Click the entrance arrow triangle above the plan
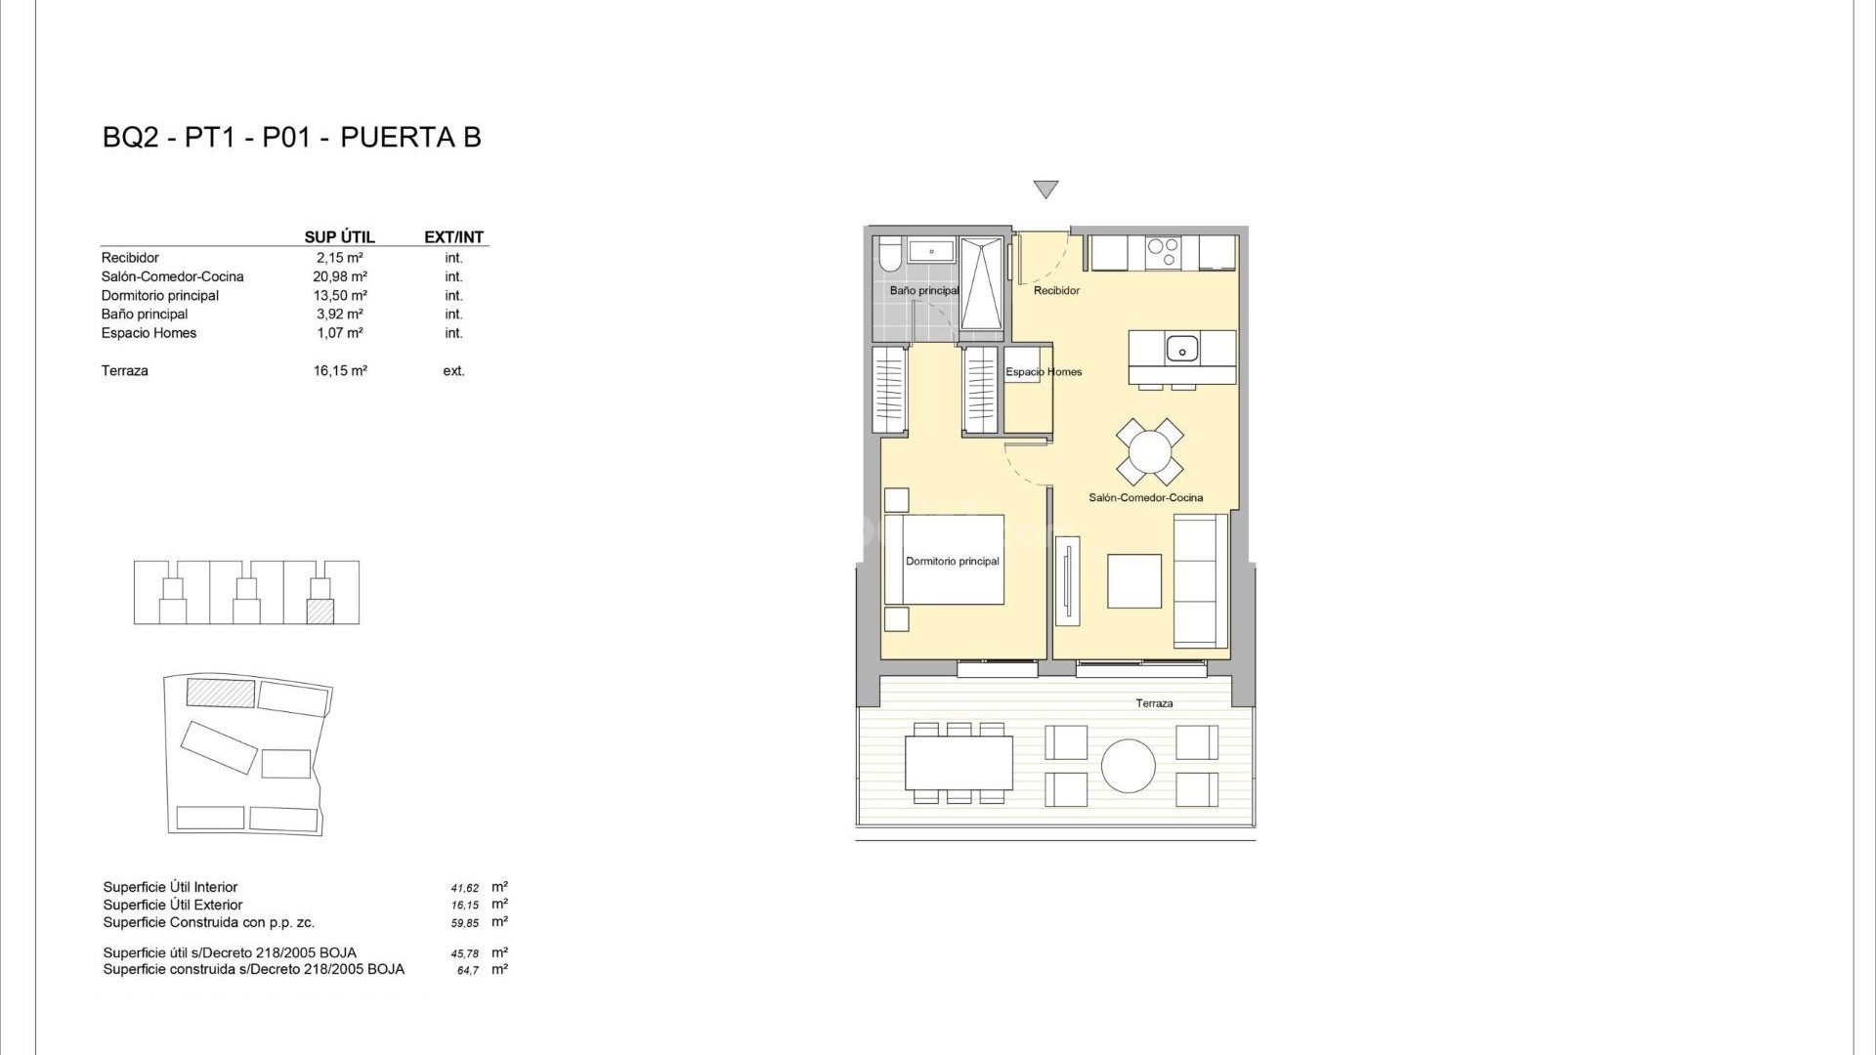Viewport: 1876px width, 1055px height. pos(1045,189)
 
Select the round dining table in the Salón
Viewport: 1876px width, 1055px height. pos(1150,452)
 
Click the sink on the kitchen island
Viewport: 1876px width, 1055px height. pos(1181,347)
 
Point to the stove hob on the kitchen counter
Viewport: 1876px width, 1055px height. pos(1163,253)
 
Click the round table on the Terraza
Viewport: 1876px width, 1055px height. pos(1129,765)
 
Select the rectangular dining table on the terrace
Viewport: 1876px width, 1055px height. pos(959,763)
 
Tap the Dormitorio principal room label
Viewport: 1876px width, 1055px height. pos(952,562)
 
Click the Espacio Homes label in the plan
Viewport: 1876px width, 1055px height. pos(1044,372)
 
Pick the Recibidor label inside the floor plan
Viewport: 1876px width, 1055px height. pos(1056,291)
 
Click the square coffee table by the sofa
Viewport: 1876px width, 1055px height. pos(1134,581)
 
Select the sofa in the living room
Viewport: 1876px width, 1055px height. pos(1200,581)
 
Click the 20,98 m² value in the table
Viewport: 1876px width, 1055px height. pos(340,277)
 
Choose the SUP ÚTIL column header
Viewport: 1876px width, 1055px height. pos(339,237)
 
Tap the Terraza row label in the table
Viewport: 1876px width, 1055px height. pos(125,371)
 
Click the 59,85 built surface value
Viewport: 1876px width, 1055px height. pos(465,923)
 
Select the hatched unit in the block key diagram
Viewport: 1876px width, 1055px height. pos(320,612)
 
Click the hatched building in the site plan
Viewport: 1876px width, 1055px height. pos(221,694)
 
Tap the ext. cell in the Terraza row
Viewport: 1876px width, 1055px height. pos(453,371)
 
